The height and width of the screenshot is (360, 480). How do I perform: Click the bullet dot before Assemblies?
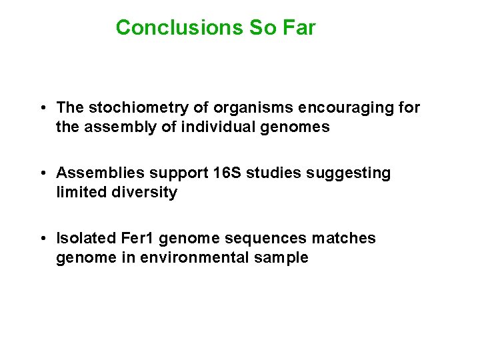[x=41, y=173]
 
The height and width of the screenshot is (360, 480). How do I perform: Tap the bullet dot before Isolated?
[x=41, y=239]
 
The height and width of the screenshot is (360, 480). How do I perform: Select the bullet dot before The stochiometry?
[x=41, y=108]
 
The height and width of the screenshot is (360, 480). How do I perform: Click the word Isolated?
[x=85, y=239]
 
